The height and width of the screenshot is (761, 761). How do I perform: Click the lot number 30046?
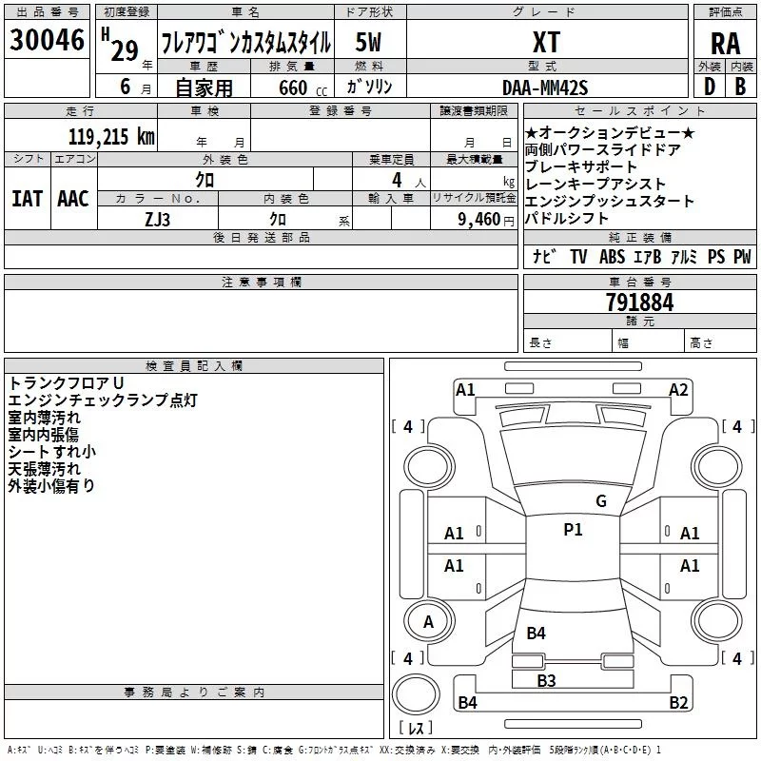pyautogui.click(x=47, y=40)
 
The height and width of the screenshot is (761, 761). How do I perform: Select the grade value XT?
pyautogui.click(x=546, y=42)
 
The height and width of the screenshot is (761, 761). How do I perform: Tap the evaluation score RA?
pyautogui.click(x=725, y=44)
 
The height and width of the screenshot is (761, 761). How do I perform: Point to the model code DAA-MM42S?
pyautogui.click(x=545, y=88)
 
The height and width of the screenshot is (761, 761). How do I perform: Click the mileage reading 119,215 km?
pyautogui.click(x=111, y=137)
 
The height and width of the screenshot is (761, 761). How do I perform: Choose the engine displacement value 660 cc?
pyautogui.click(x=302, y=88)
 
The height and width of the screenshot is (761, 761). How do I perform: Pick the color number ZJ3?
pyautogui.click(x=157, y=220)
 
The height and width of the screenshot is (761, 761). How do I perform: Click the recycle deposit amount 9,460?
pyautogui.click(x=479, y=220)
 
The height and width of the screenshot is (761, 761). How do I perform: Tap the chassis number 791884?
pyautogui.click(x=639, y=302)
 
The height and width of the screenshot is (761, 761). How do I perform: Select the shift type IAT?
pyautogui.click(x=28, y=199)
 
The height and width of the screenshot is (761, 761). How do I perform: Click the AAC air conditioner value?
pyautogui.click(x=73, y=199)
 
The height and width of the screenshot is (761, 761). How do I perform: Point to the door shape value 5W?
pyautogui.click(x=368, y=42)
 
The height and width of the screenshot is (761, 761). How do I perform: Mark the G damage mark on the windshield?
pyautogui.click(x=601, y=501)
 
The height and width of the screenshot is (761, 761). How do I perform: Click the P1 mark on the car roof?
pyautogui.click(x=573, y=530)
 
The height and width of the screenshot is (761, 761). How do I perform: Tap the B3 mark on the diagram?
pyautogui.click(x=546, y=681)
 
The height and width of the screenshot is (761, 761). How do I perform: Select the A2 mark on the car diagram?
pyautogui.click(x=678, y=390)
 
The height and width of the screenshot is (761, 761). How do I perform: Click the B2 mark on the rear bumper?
pyautogui.click(x=678, y=702)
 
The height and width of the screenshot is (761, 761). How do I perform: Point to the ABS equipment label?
pyautogui.click(x=612, y=257)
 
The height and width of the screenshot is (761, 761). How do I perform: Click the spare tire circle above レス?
pyautogui.click(x=416, y=694)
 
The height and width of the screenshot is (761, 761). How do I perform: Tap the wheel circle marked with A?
pyautogui.click(x=429, y=621)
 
